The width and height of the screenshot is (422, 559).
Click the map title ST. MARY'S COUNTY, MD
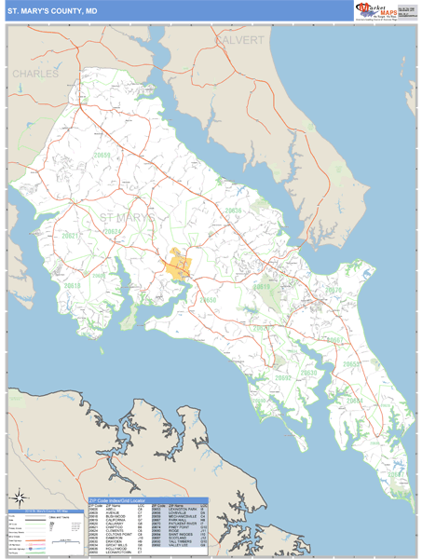click(51, 10)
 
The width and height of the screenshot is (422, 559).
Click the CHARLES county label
click(35, 73)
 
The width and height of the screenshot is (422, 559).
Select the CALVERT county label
click(240, 42)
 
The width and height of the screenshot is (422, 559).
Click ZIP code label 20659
click(102, 156)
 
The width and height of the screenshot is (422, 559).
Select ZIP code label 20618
click(73, 286)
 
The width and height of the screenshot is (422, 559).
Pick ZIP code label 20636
click(233, 211)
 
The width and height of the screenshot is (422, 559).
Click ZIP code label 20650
click(207, 300)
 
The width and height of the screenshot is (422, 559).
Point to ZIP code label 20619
click(264, 288)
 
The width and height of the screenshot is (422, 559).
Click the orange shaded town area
click(178, 266)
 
